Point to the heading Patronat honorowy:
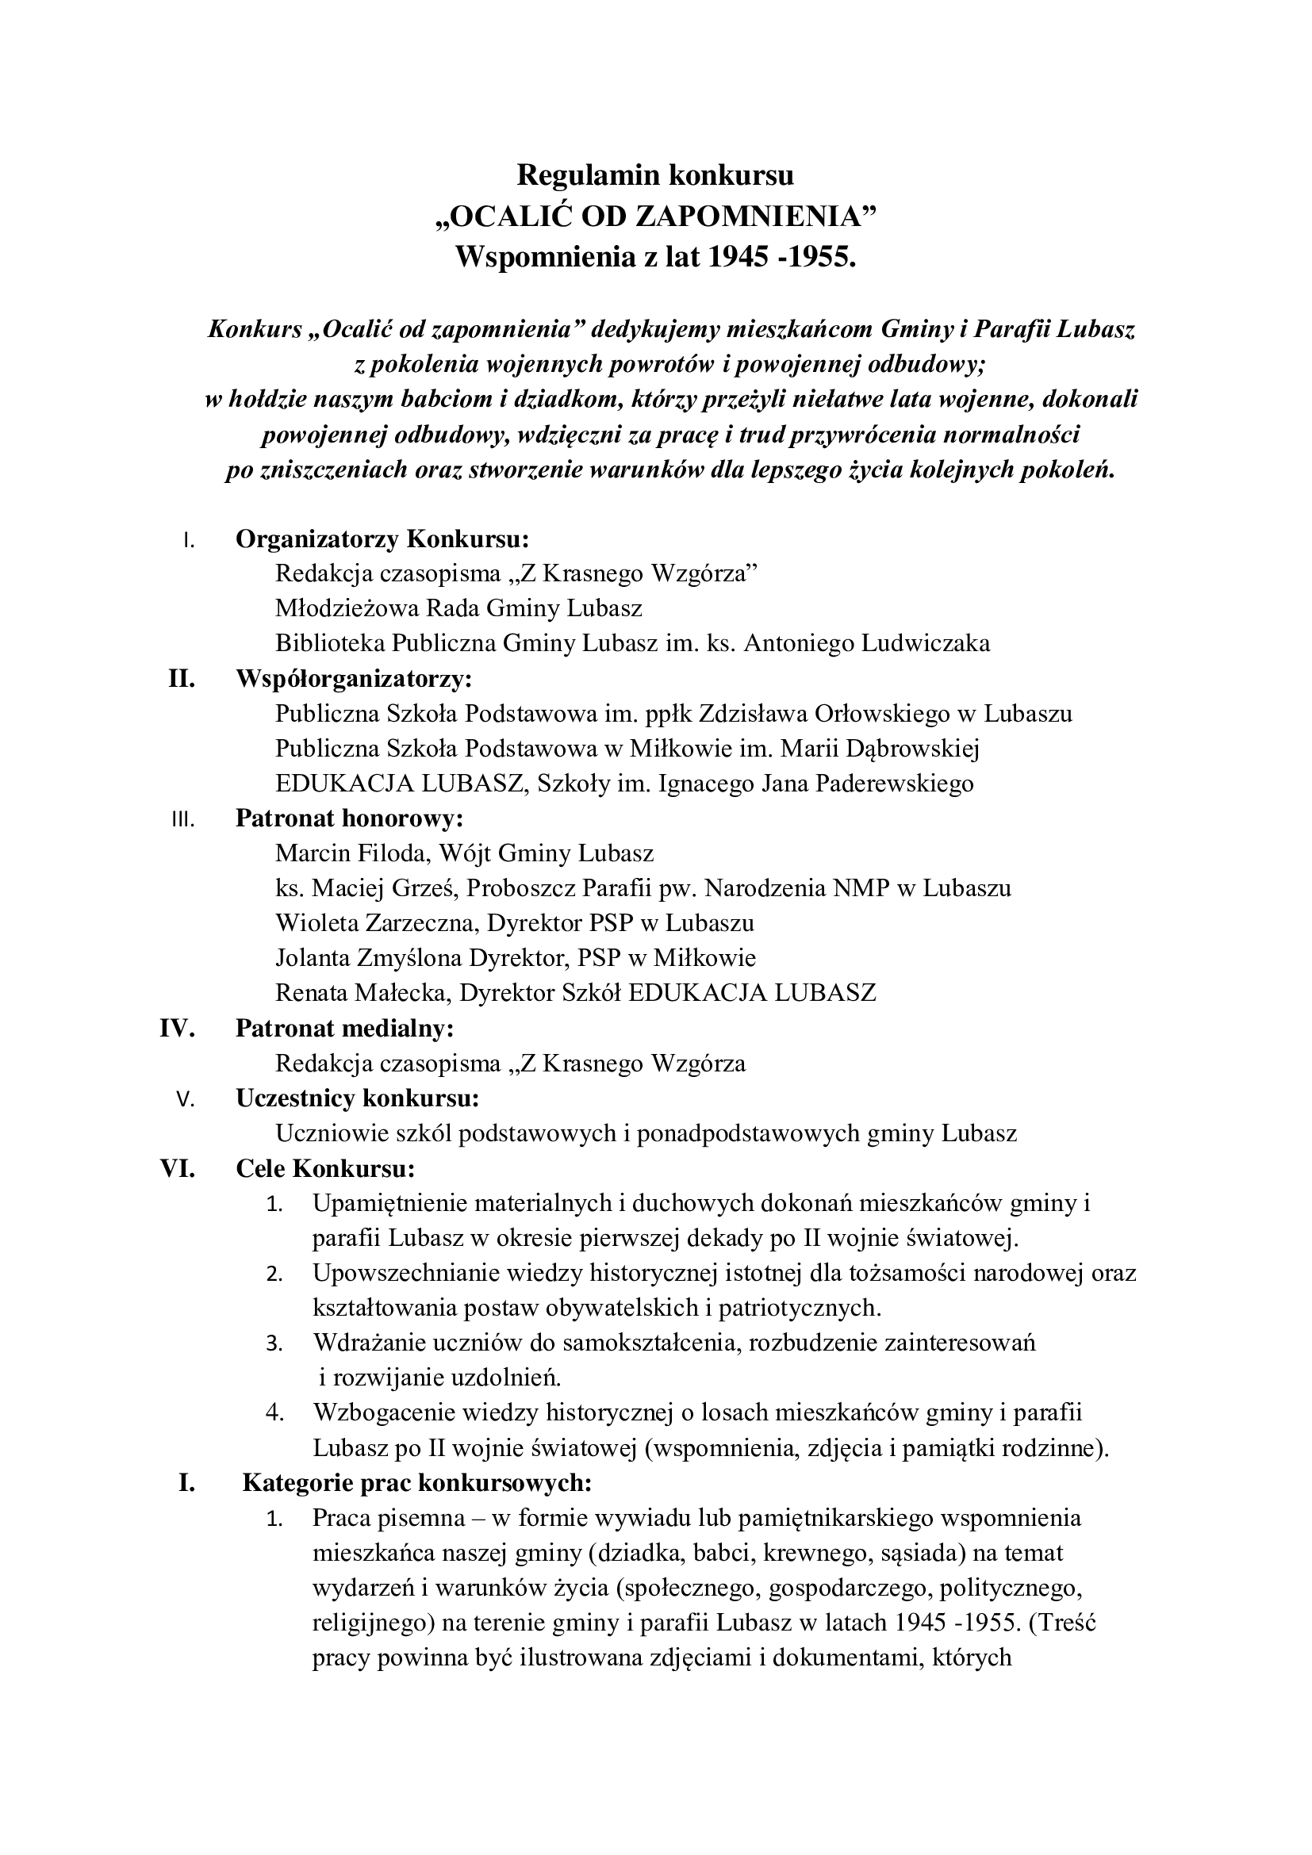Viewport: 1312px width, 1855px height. pyautogui.click(x=349, y=818)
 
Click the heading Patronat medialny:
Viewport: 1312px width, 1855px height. pyautogui.click(x=344, y=1029)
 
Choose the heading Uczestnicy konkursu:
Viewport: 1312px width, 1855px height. pyautogui.click(x=357, y=1098)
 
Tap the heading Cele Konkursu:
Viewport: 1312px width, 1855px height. pyautogui.click(x=325, y=1168)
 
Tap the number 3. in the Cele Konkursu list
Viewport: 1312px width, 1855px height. pyautogui.click(x=274, y=1343)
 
